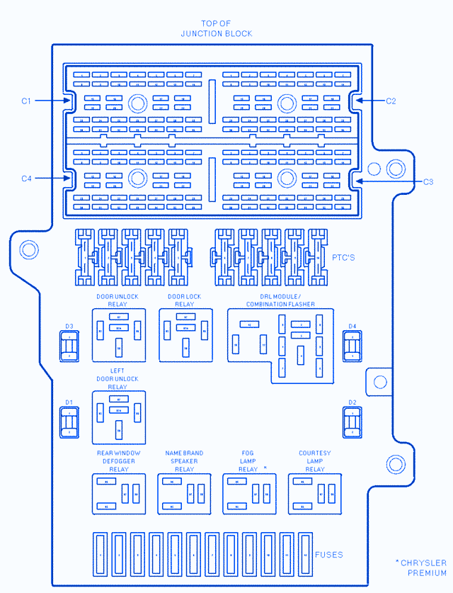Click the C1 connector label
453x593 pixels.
click(26, 101)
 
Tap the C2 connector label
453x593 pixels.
click(391, 101)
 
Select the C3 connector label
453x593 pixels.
click(428, 182)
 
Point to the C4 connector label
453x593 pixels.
click(26, 179)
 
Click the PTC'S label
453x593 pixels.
click(344, 257)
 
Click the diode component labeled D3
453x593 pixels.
click(69, 347)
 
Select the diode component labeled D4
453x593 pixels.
click(352, 347)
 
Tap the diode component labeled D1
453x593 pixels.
click(69, 423)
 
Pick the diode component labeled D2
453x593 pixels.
click(352, 423)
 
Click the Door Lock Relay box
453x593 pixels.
click(185, 335)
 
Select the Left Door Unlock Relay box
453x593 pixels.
click(119, 417)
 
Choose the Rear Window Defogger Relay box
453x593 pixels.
click(119, 494)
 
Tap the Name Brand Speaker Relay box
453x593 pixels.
click(184, 494)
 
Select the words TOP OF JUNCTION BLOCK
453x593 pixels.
click(216, 29)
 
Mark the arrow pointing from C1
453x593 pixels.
click(51, 101)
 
